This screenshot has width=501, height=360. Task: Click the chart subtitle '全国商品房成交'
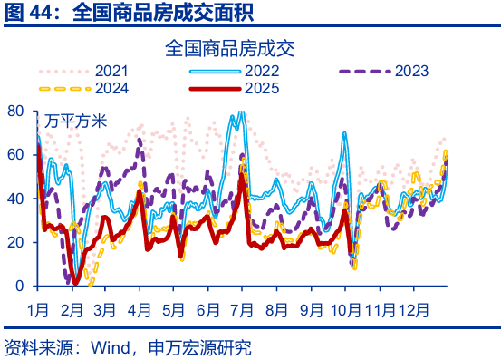pos(231,48)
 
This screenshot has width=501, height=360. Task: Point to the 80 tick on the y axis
pos(17,111)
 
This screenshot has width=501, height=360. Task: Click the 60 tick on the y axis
pos(17,154)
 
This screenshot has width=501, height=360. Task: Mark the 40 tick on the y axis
pos(17,199)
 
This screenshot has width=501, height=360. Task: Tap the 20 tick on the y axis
pos(17,242)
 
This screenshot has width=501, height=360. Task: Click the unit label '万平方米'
pos(76,120)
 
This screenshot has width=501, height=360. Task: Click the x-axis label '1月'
pos(38,308)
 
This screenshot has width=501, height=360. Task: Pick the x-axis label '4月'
pos(140,308)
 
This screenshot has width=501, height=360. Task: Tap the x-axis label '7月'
pos(243,308)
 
